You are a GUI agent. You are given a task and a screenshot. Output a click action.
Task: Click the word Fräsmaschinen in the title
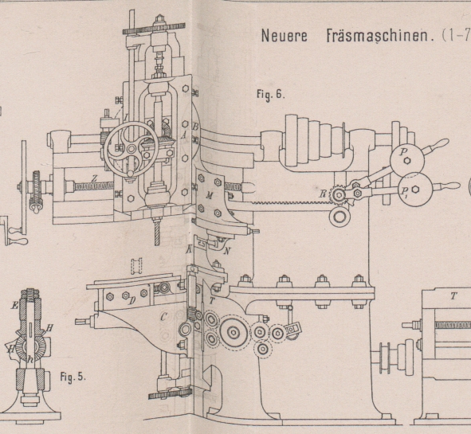(381, 36)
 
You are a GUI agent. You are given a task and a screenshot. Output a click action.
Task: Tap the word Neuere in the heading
(285, 36)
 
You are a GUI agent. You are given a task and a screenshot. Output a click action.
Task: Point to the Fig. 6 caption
(269, 94)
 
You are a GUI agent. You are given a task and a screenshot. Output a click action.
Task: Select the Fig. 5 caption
(73, 377)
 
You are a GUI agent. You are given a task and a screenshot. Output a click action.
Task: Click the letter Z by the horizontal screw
(95, 178)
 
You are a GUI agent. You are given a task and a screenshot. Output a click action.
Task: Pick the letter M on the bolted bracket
(210, 196)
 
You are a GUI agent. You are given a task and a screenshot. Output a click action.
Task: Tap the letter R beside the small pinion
(323, 194)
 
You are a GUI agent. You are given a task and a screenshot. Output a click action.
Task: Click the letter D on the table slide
(131, 301)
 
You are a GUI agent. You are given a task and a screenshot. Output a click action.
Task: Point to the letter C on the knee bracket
(163, 316)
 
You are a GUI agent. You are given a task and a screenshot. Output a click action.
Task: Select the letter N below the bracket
(227, 251)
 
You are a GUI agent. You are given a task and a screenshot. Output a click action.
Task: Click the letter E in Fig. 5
(14, 306)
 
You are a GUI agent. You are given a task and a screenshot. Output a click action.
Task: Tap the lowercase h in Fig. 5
(30, 359)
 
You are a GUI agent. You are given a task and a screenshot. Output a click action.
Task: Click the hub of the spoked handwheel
(131, 149)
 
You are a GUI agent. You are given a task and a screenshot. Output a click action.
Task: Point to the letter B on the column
(195, 127)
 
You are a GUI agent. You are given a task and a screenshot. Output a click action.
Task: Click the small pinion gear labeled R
(339, 195)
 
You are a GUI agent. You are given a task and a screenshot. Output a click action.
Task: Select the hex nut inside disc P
(407, 161)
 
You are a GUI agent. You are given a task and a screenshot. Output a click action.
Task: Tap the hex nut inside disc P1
(416, 189)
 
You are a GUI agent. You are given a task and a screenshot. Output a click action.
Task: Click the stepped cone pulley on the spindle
(316, 140)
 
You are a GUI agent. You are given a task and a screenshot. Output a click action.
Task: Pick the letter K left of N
(189, 248)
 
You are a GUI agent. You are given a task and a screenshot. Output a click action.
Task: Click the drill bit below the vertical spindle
(157, 233)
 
